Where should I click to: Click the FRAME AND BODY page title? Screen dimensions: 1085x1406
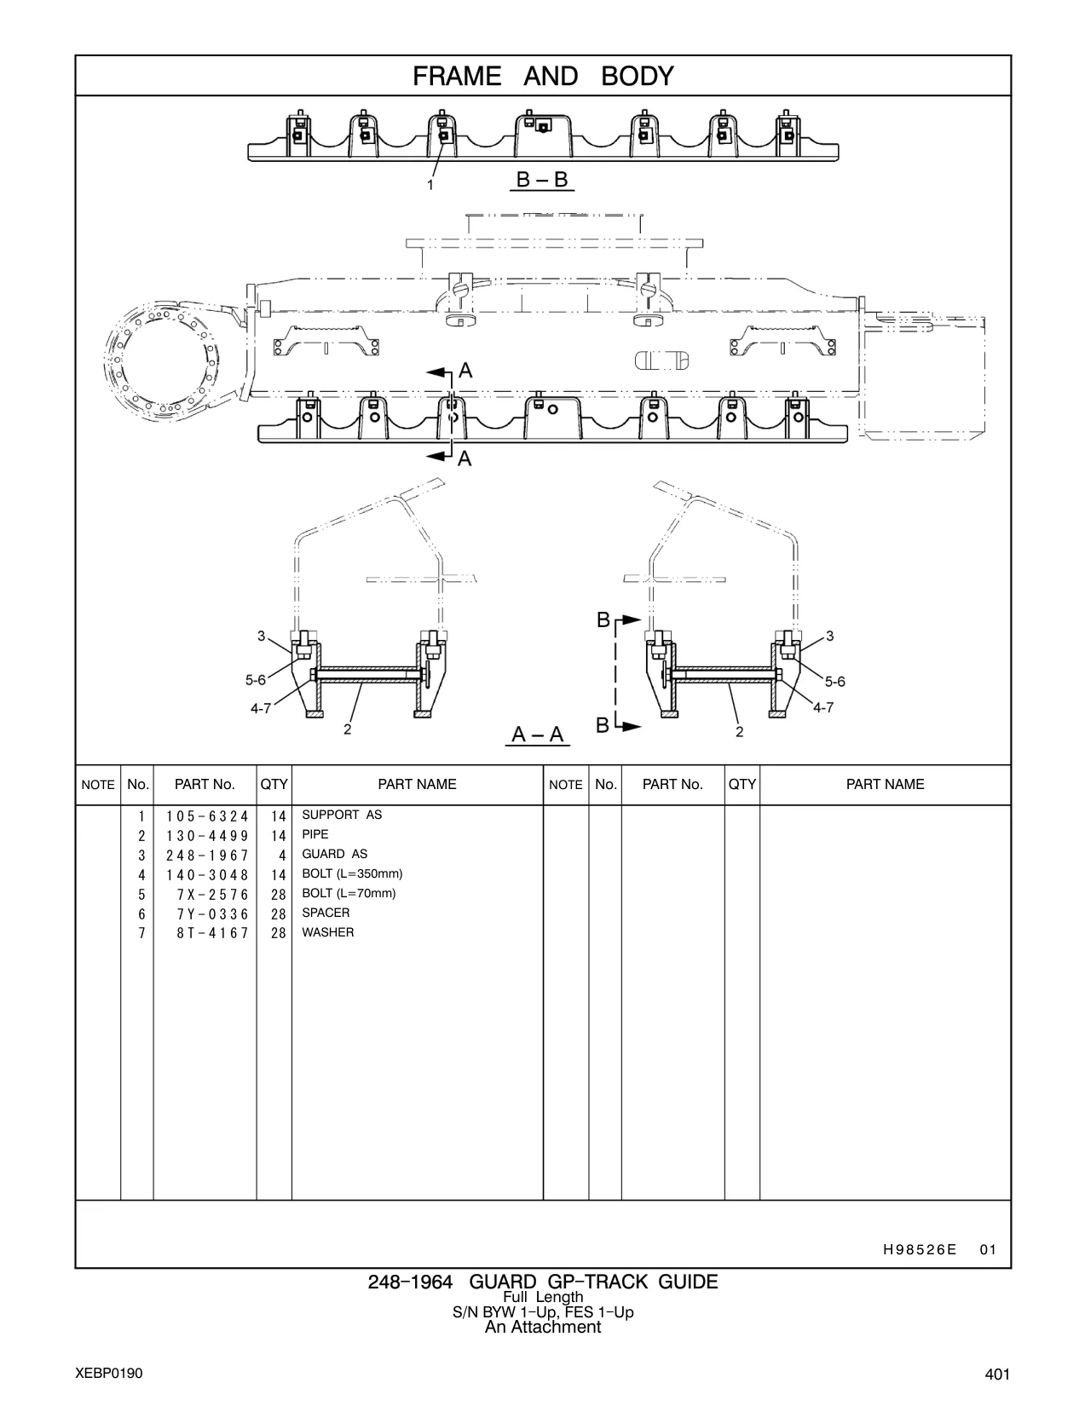(x=543, y=77)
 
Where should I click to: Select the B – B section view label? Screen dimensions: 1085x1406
(x=542, y=179)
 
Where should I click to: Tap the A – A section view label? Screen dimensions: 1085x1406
(x=538, y=735)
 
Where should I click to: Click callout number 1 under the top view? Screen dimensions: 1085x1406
(x=430, y=185)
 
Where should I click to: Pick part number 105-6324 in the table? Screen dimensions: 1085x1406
(x=207, y=816)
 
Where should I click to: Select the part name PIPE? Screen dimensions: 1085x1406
(x=315, y=835)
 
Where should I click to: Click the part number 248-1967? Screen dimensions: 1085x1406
(x=207, y=856)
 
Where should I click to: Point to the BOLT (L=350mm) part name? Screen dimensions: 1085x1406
(x=352, y=873)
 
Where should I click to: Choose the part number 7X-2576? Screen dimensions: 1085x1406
(x=212, y=895)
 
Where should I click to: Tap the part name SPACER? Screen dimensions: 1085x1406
(x=326, y=913)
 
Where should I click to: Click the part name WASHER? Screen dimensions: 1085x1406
(x=328, y=932)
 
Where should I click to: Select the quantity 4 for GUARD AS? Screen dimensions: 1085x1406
(x=282, y=856)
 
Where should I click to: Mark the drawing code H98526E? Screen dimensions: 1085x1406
(x=920, y=1250)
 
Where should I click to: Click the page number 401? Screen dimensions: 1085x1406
(x=997, y=1374)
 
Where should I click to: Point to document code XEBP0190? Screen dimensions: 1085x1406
(x=109, y=1373)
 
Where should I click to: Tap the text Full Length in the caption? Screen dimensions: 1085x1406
(x=543, y=1297)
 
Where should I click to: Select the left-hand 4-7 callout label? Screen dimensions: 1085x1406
(x=261, y=708)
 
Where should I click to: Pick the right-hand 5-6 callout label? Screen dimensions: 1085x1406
(x=834, y=682)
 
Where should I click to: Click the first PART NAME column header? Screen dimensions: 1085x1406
(x=417, y=784)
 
